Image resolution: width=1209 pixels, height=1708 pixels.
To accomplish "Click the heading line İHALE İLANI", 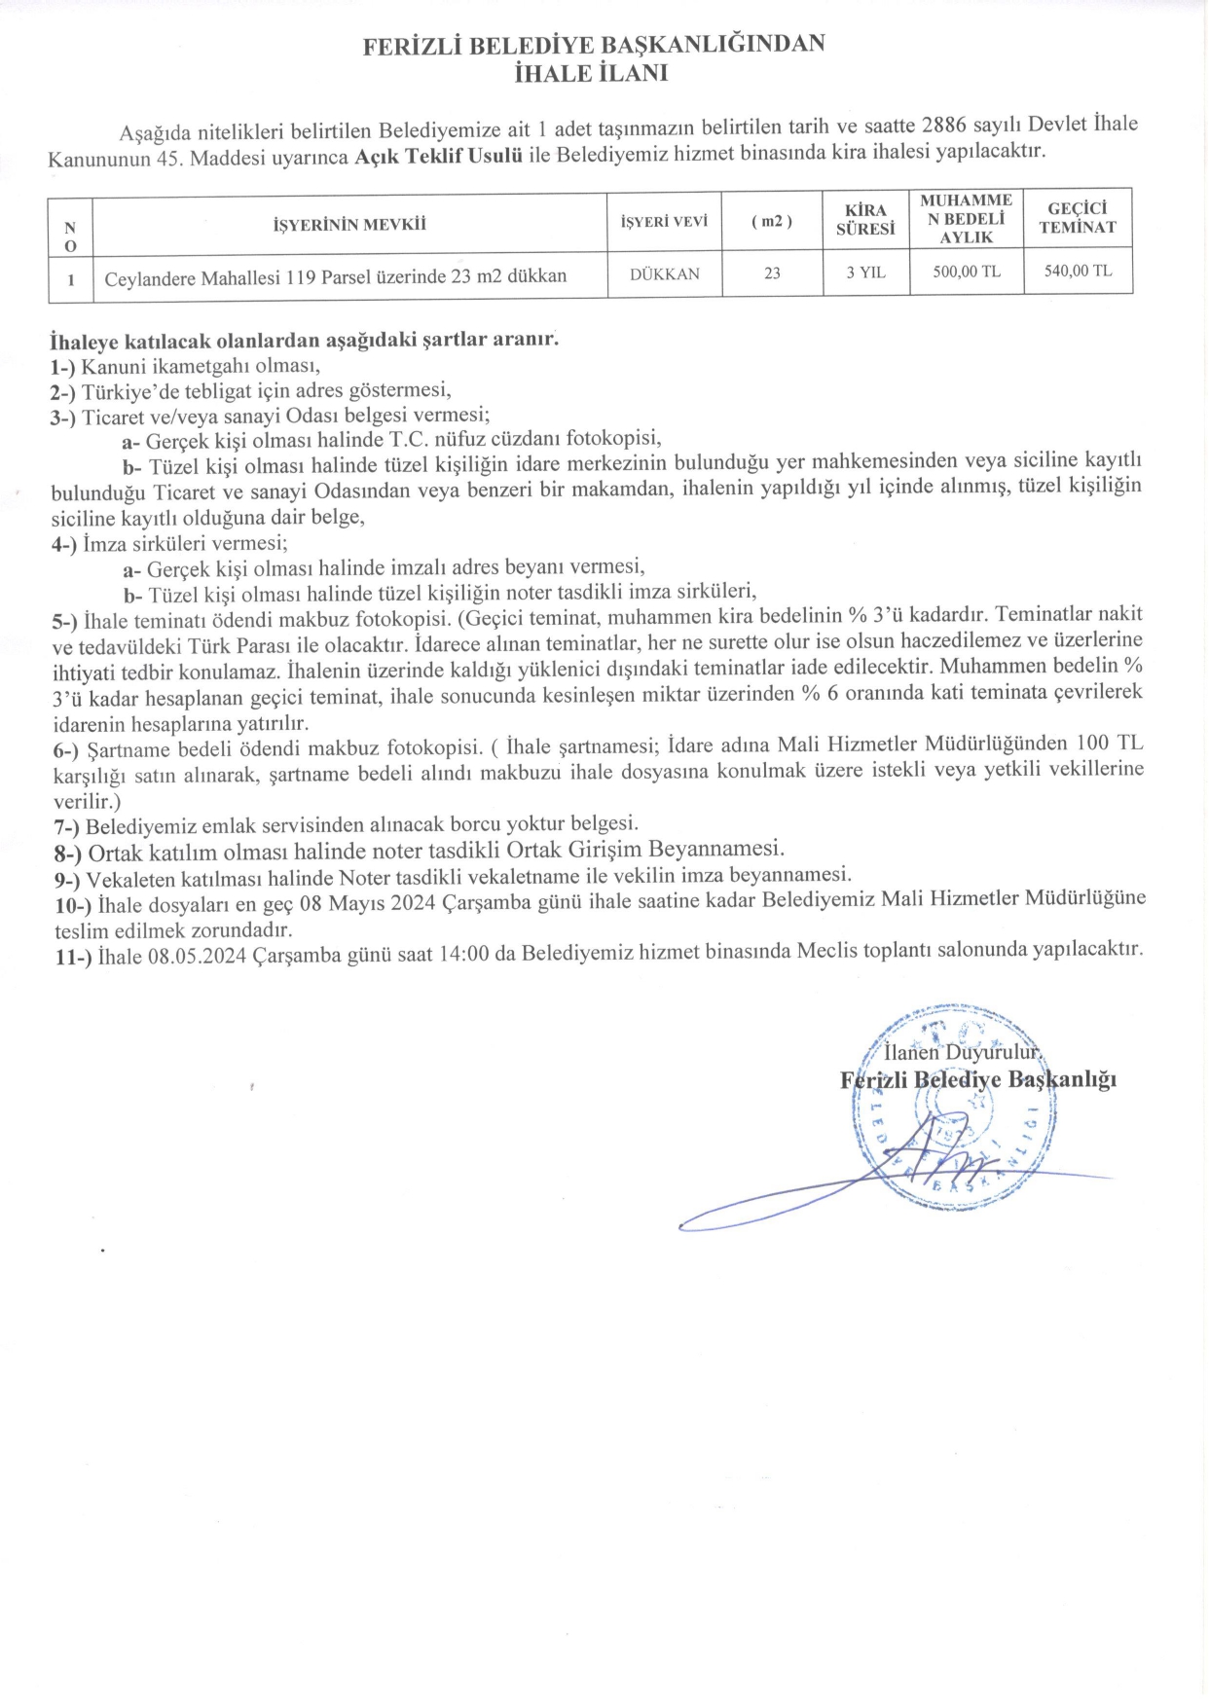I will (x=591, y=72).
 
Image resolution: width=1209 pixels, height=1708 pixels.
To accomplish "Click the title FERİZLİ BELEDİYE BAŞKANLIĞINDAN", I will (x=593, y=45).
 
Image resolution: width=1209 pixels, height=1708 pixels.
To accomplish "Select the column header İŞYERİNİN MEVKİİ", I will (x=349, y=225).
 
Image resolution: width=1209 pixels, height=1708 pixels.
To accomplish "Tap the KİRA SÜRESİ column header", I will (x=864, y=220).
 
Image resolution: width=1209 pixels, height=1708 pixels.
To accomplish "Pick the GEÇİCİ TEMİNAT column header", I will (x=1078, y=218).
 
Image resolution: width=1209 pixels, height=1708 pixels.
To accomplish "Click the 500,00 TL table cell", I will (x=966, y=273).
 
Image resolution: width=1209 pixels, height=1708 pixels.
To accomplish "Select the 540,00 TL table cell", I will (x=1078, y=271).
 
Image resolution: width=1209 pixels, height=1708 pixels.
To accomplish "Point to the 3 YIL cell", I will (x=865, y=273).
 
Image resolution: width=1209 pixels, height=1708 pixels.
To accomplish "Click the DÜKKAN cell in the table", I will (x=664, y=274).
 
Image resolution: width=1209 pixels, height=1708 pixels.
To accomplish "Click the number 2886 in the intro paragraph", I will (x=942, y=127).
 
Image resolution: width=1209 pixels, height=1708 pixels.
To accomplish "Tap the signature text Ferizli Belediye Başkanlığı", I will (x=977, y=1079).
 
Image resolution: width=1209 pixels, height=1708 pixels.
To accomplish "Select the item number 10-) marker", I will (x=72, y=903).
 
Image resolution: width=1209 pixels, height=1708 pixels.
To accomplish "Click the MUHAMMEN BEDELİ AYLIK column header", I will (x=966, y=218).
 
